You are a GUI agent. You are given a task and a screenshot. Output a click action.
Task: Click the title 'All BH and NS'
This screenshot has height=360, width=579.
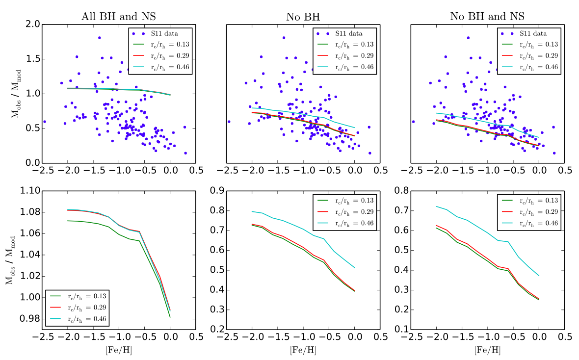coord(118,17)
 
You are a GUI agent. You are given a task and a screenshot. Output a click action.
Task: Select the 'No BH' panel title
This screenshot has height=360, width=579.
coord(302,17)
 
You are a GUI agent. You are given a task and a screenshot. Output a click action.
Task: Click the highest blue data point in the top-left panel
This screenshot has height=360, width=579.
coord(99,38)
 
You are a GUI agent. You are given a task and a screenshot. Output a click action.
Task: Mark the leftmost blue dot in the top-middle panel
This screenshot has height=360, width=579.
coord(229,122)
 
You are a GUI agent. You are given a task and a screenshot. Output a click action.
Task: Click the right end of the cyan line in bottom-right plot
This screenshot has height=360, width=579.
coord(539,276)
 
